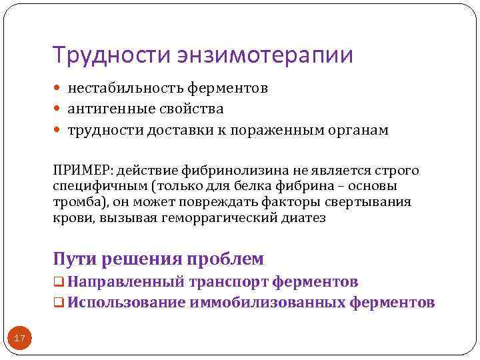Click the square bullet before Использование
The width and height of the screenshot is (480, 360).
click(59, 303)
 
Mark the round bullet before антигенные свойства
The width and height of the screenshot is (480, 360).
click(59, 109)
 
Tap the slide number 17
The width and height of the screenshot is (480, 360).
click(20, 339)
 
